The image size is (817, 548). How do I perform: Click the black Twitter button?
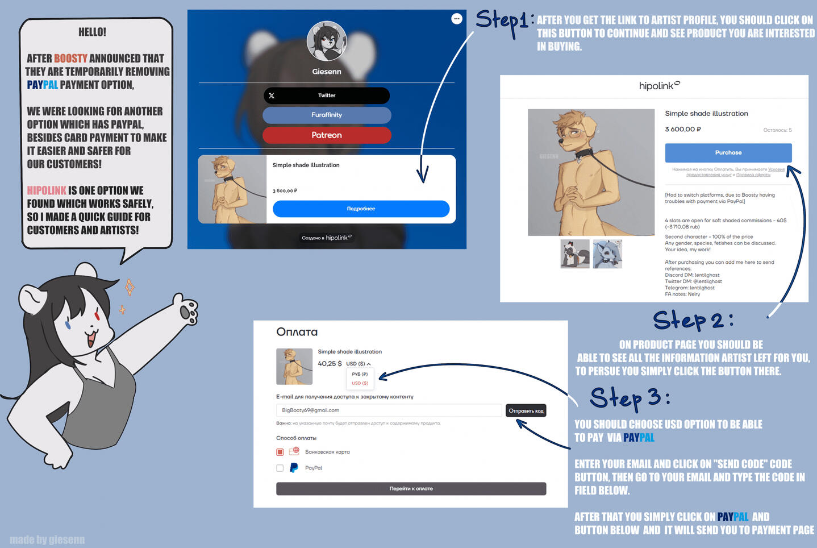[327, 96]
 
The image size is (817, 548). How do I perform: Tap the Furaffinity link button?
[327, 115]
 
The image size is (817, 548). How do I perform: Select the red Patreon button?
[327, 135]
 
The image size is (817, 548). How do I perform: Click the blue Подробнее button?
[361, 209]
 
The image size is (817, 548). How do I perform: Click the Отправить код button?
[526, 410]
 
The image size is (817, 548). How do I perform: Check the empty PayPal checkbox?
[280, 468]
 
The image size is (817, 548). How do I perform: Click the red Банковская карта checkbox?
[280, 452]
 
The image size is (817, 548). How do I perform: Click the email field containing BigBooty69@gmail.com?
[389, 410]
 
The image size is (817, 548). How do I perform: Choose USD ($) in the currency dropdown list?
[360, 383]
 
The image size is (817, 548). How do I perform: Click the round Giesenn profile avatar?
[327, 41]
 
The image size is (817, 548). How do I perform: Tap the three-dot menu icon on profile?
[456, 19]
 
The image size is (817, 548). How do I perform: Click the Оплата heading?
[297, 332]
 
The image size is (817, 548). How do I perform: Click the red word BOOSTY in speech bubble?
[70, 59]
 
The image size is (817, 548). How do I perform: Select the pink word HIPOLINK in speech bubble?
[47, 191]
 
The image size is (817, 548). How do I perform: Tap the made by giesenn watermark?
[47, 539]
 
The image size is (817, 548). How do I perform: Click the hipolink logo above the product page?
[659, 86]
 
